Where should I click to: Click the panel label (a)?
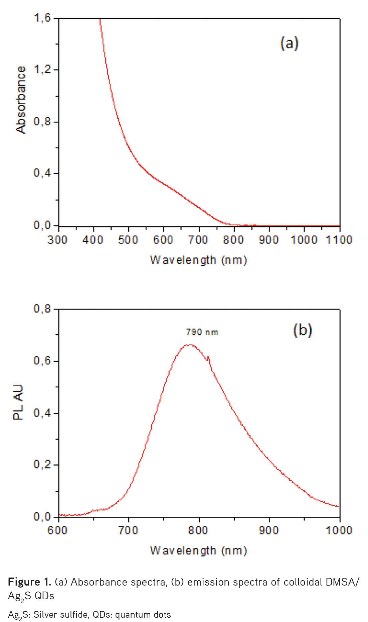coord(289,43)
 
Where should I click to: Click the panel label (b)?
coord(303,330)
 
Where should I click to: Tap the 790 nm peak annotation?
coord(202,332)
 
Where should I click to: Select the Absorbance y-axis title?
coord(21,100)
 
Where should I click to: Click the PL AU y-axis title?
coord(18,402)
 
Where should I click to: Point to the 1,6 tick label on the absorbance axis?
coord(42,18)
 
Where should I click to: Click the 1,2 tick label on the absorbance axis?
coord(42,70)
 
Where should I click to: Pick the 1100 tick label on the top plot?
coord(339,240)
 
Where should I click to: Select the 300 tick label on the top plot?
coord(57,240)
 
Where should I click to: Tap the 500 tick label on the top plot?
coord(128,240)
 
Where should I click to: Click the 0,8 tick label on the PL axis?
coord(42,309)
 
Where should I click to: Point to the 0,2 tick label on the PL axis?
coord(42,465)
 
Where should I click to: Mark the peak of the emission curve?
coord(190,345)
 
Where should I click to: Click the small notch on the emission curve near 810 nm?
coord(208,358)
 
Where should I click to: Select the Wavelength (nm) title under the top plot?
coord(198,260)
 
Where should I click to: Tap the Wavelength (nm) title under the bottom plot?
coord(198,550)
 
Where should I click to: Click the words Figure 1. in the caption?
coord(29,582)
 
